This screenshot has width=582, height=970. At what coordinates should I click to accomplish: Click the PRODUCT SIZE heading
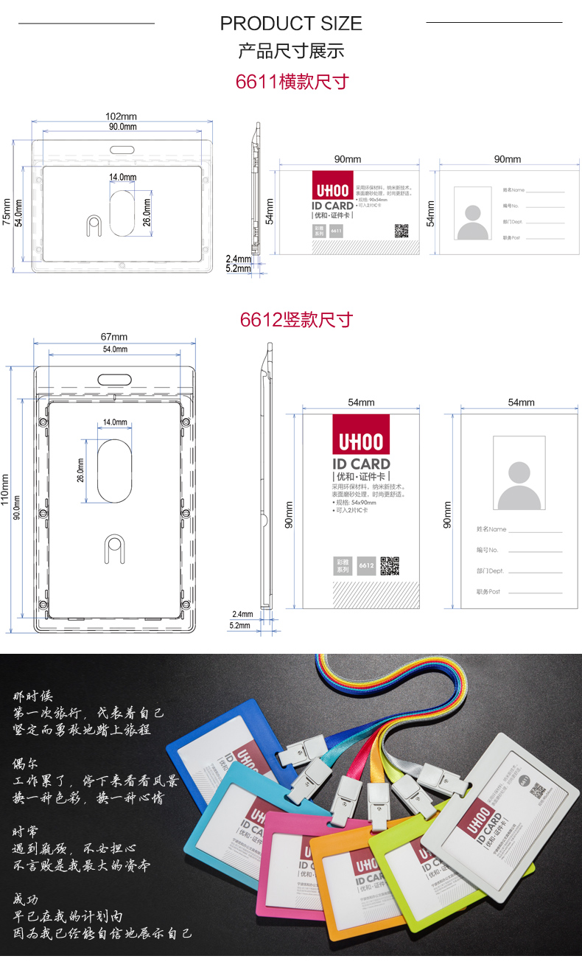tap(291, 24)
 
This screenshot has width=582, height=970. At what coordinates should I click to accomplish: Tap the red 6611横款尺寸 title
tap(291, 81)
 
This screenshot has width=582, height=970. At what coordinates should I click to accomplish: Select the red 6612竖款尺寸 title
tap(296, 319)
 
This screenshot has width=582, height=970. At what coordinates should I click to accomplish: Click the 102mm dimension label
tap(122, 116)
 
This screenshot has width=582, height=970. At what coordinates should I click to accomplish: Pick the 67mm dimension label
tap(114, 338)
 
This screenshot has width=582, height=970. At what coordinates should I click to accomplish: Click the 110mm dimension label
tap(7, 489)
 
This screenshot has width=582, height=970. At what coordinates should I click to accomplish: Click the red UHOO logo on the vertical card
tap(360, 440)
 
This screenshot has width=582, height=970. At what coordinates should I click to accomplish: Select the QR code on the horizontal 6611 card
tap(401, 230)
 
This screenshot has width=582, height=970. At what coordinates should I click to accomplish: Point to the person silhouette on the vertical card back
tap(519, 485)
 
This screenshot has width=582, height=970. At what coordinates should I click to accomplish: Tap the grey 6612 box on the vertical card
tap(366, 566)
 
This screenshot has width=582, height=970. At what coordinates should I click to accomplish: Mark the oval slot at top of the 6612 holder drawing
tap(115, 378)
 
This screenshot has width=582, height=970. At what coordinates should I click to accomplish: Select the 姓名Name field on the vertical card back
tap(491, 529)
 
